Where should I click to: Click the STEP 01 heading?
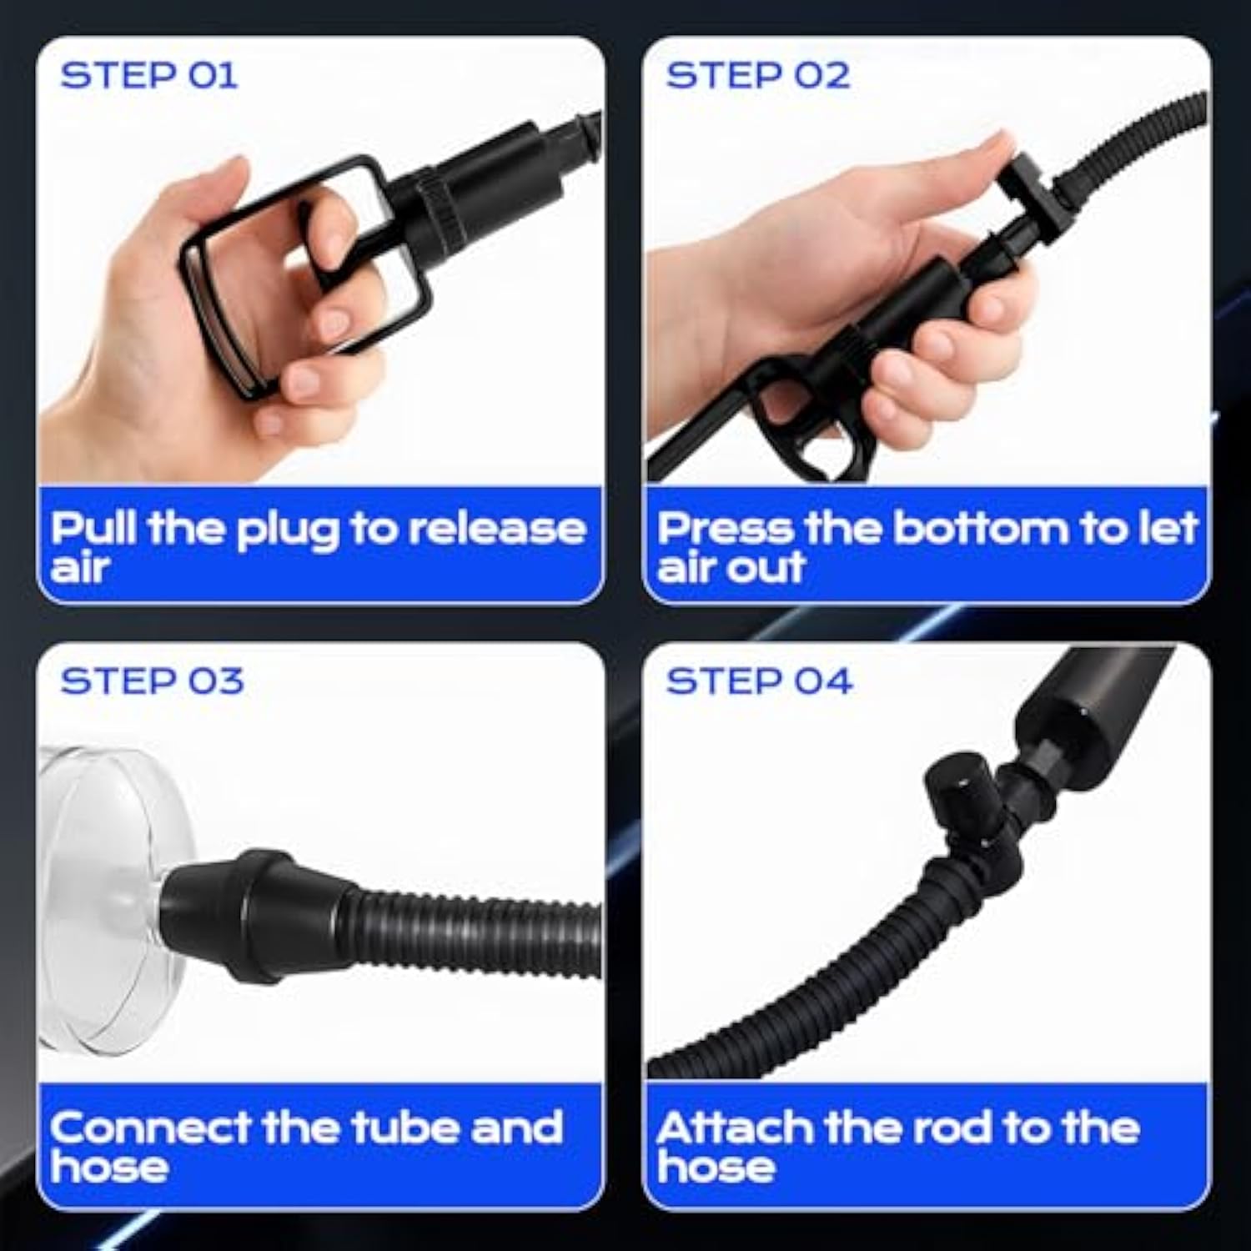pyautogui.click(x=149, y=76)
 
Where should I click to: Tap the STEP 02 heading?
pyautogui.click(x=758, y=76)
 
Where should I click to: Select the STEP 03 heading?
pyautogui.click(x=152, y=681)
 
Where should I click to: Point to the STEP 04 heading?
pyautogui.click(x=759, y=681)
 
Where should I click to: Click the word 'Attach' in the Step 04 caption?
pyautogui.click(x=734, y=1128)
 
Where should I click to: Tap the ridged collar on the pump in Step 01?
pyautogui.click(x=439, y=201)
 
